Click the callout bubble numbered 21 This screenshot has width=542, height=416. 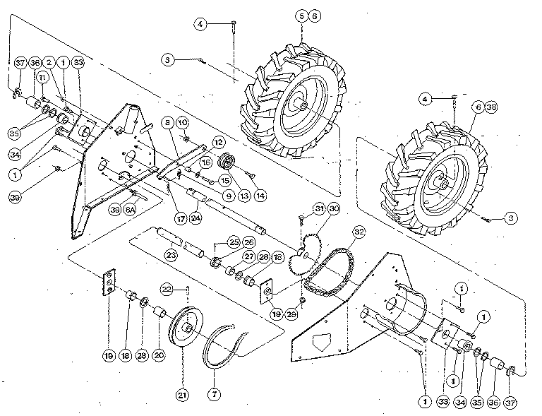(x=183, y=396)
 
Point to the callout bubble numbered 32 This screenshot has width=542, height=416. (x=359, y=231)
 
